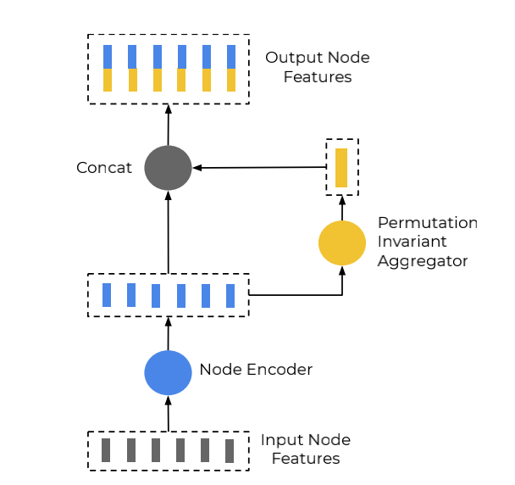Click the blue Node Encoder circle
click(x=168, y=372)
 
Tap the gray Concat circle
click(x=168, y=168)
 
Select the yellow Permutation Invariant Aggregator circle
click(x=342, y=242)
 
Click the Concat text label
click(x=104, y=168)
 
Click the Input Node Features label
click(x=305, y=449)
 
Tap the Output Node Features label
click(x=317, y=67)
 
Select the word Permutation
click(x=427, y=223)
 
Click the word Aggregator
click(x=423, y=261)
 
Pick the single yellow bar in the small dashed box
click(x=341, y=167)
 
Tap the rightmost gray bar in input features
click(x=230, y=449)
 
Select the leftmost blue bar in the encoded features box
click(x=107, y=295)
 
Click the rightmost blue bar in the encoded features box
click(x=230, y=295)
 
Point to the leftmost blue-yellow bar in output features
click(x=108, y=68)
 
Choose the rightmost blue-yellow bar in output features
click(x=231, y=68)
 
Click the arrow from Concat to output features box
click(x=168, y=125)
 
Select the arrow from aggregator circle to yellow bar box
click(x=342, y=207)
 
